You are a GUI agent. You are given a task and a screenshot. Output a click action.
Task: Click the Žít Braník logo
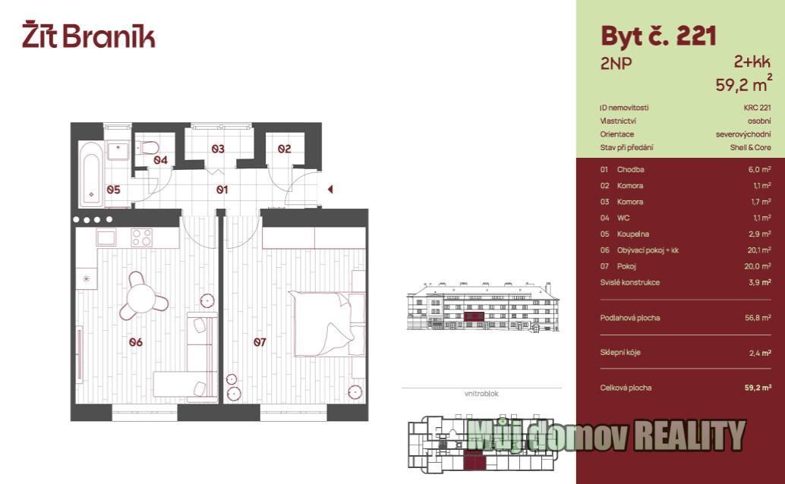[x=89, y=35]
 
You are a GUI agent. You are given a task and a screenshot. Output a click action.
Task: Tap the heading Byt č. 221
[x=658, y=36]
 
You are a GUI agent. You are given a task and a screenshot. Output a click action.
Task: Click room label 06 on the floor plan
[x=136, y=342]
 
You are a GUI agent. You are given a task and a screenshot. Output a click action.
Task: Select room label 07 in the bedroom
[x=260, y=342]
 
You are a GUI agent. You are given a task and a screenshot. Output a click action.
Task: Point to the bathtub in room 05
[x=91, y=173]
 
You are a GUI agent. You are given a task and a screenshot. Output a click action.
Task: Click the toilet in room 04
[x=150, y=148]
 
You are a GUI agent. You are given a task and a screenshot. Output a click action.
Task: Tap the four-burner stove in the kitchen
[x=142, y=237]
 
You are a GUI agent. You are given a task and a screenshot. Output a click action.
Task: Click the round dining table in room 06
[x=141, y=298]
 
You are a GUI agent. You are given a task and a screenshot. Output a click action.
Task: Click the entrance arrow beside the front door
[x=330, y=189]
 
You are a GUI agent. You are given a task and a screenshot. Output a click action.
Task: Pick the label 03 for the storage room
[x=218, y=149]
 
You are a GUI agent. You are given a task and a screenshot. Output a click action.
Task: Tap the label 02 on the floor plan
[x=285, y=149]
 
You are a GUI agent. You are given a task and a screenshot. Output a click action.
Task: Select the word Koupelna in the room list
[x=633, y=234]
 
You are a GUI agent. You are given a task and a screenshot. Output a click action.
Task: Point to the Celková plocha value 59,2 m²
[x=758, y=388]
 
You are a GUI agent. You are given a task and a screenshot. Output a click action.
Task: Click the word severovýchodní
[x=743, y=134]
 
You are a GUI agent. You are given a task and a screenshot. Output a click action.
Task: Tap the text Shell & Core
[x=750, y=148]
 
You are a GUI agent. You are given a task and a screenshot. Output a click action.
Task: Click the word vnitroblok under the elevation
[x=481, y=394]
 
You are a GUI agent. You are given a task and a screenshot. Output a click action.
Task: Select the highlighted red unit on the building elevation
[x=474, y=316]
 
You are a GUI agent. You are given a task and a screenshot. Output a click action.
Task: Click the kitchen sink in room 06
[x=106, y=237]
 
